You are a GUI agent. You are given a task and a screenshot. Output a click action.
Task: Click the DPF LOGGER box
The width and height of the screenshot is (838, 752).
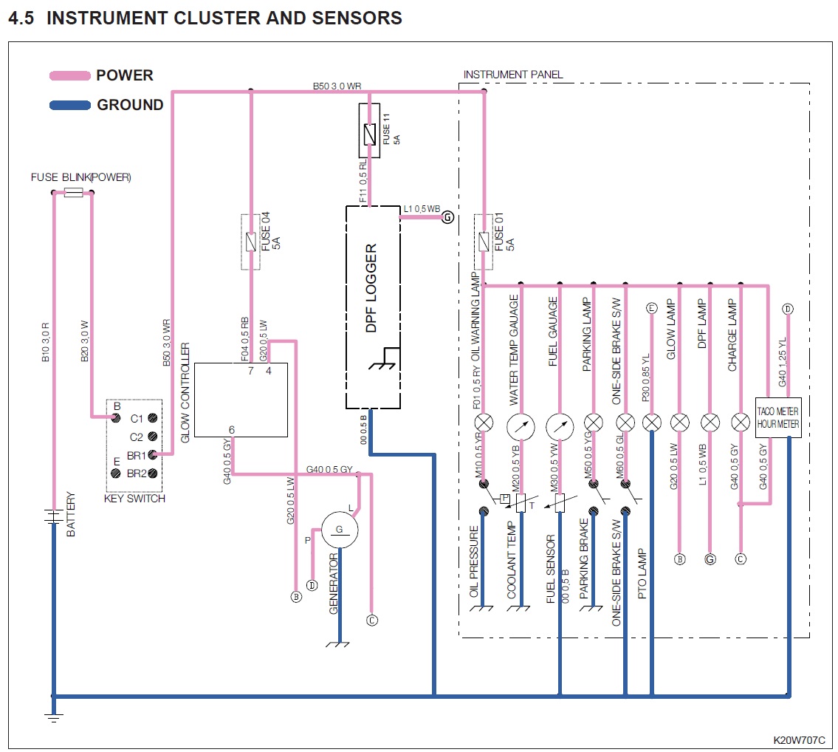(x=373, y=307)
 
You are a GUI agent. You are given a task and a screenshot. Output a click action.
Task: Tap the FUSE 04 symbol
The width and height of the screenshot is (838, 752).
(x=251, y=242)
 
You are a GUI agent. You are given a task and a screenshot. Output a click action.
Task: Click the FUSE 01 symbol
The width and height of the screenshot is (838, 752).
(x=484, y=240)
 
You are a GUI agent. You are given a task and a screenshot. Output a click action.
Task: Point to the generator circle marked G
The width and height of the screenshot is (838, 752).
(x=339, y=530)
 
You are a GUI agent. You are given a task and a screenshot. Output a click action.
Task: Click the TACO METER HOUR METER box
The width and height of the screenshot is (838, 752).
(x=778, y=417)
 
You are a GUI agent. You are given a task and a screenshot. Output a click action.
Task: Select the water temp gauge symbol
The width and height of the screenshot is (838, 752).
(x=521, y=426)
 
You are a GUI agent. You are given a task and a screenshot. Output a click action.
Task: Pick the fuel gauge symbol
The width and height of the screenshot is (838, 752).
(x=560, y=426)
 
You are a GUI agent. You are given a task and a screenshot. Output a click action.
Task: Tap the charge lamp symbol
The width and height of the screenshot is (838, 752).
(x=740, y=423)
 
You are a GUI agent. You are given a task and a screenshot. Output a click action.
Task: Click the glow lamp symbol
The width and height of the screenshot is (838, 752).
(x=679, y=423)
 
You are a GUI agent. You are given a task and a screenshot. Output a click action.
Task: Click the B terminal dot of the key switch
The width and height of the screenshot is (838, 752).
(x=115, y=418)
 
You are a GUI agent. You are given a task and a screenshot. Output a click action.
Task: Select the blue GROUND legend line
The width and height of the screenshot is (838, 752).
(x=69, y=105)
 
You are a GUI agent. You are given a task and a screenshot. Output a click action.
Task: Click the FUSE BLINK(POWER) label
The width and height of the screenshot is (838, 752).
(x=80, y=178)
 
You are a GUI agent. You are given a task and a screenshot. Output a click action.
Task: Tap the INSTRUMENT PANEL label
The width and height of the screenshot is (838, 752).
(x=512, y=75)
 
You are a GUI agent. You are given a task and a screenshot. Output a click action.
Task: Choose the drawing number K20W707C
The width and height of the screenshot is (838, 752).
(x=799, y=740)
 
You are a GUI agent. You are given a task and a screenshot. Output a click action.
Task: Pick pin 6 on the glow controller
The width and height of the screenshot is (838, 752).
(x=232, y=430)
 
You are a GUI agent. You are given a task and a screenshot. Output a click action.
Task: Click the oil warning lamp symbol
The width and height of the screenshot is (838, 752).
(x=484, y=423)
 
